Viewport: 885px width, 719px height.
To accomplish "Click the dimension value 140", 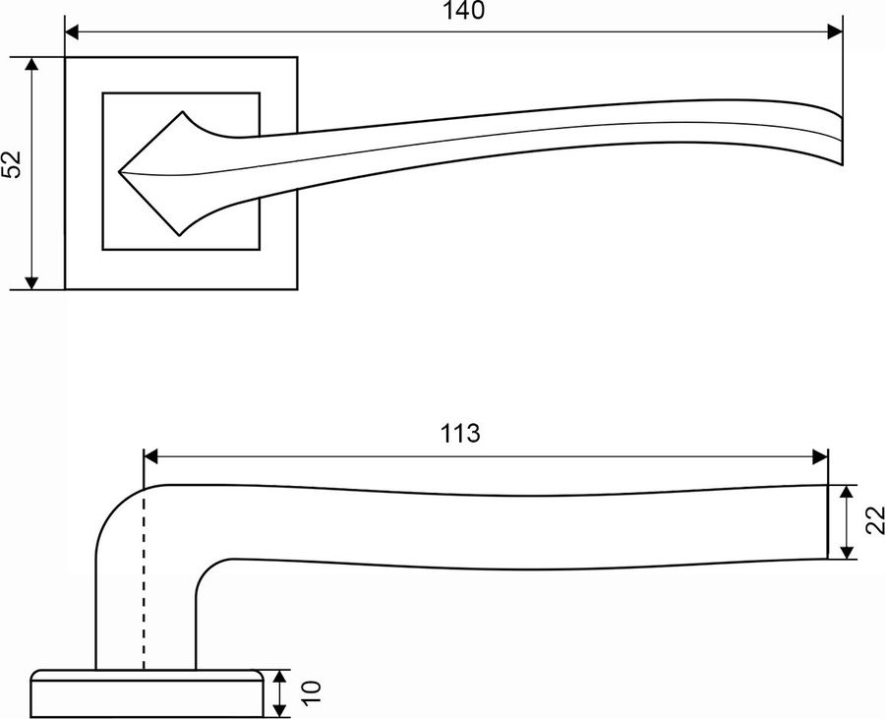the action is pos(463,10).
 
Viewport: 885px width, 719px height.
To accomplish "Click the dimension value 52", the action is pos(12,164).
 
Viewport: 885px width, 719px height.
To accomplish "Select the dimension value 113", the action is pos(460,434).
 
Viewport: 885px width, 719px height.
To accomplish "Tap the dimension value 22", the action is pos(874,520).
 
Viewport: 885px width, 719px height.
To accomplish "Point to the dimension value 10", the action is pos(311,692).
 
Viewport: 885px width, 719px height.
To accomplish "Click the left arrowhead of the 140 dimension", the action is pos(73,31).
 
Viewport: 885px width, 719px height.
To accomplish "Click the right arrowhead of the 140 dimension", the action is pos(835,31).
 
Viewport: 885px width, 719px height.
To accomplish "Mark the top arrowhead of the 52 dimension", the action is pos(32,64).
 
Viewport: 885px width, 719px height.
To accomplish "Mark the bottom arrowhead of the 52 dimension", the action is pos(32,282).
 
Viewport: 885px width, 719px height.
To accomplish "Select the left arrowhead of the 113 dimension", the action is pos(151,456).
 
